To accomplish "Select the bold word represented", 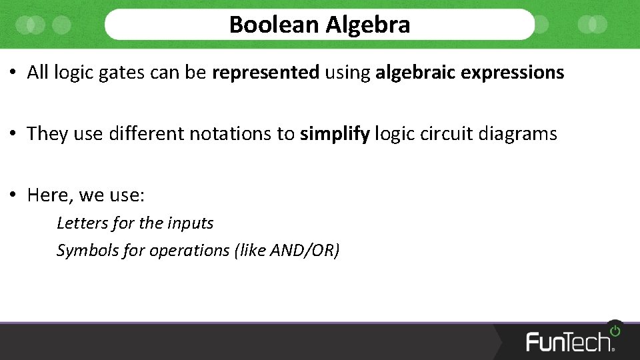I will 265,73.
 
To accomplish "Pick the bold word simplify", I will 335,134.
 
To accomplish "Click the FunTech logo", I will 570,341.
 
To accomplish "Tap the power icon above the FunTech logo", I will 615,329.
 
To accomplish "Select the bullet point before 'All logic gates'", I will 13,73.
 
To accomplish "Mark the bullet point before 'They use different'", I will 13,134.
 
